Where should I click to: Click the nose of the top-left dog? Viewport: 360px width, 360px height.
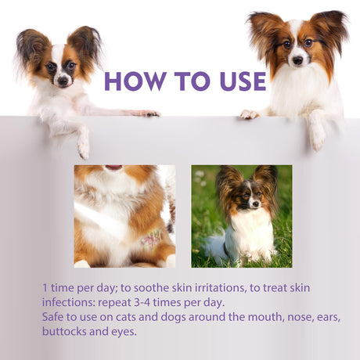63,80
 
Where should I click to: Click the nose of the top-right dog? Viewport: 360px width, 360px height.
298,60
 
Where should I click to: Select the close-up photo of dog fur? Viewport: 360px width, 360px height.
124,216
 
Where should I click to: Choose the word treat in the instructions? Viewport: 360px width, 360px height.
297,289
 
